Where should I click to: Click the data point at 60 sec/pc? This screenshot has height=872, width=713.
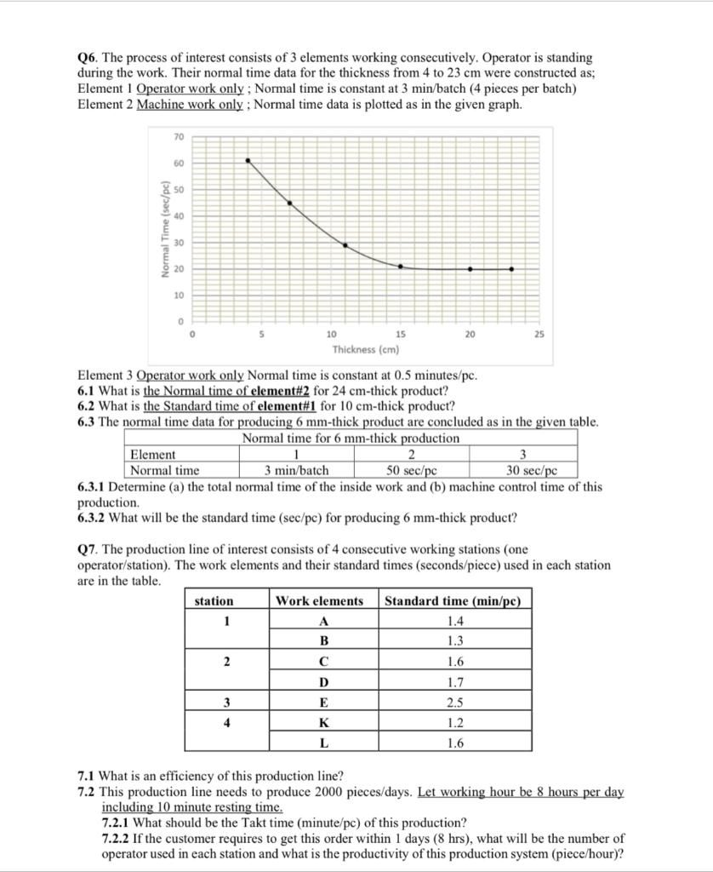pos(248,160)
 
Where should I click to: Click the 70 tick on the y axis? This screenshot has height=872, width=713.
pos(178,137)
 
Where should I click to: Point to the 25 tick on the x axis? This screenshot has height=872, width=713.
pos(538,335)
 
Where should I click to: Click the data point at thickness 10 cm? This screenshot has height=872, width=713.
pos(345,244)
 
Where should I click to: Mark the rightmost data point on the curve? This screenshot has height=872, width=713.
pos(511,269)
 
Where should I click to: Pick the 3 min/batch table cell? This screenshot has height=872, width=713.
pos(296,470)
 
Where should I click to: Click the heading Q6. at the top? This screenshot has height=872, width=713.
pos(87,57)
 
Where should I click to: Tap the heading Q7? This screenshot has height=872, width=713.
pos(87,550)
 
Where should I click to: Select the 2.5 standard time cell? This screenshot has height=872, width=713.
pos(455,703)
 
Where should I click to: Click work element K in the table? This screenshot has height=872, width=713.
pos(322,723)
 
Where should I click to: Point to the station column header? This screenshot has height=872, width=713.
pos(214,600)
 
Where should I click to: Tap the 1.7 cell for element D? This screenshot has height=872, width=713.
pos(455,682)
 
